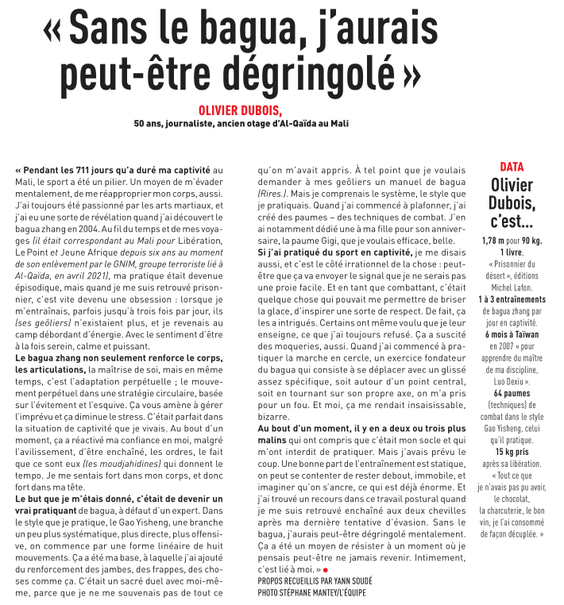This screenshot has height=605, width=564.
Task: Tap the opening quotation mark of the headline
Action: pos(52,32)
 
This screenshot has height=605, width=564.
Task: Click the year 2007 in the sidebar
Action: pos(489,345)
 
